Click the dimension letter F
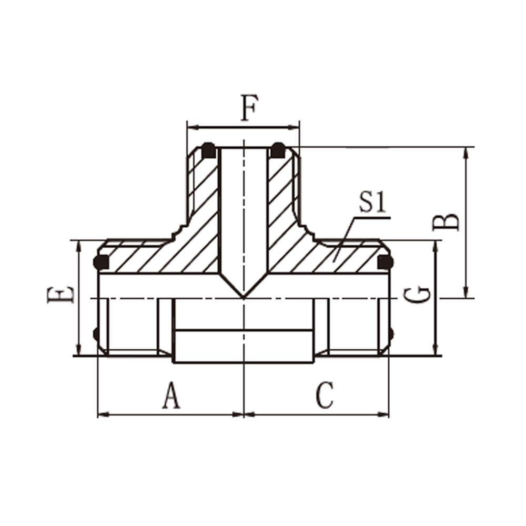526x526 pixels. (249, 108)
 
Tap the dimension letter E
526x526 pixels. (60, 295)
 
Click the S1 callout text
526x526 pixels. (373, 203)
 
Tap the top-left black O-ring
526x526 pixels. (208, 150)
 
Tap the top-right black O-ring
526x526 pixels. (278, 150)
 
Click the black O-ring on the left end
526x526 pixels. (101, 262)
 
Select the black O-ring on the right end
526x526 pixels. (385, 262)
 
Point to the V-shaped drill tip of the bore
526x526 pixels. (244, 297)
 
